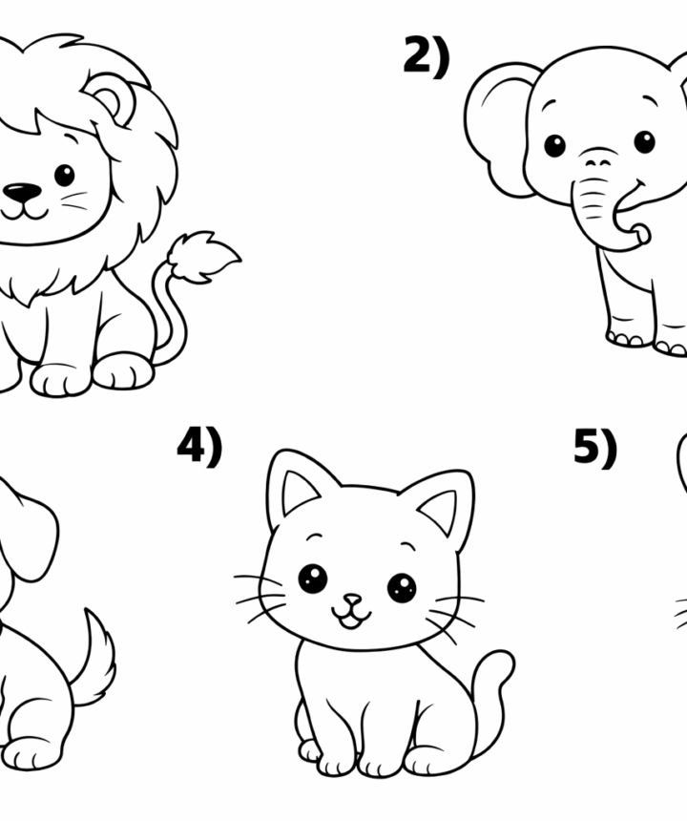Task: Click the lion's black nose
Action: point(22,193)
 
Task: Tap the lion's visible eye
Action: point(64,175)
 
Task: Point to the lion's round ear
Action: point(109,99)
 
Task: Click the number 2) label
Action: point(427,55)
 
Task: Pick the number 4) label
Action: point(199,446)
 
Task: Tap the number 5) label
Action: point(595,448)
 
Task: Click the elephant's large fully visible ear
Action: point(500,129)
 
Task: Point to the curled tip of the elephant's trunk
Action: point(639,232)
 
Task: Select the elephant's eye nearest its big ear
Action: point(554,145)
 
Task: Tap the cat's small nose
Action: point(352,599)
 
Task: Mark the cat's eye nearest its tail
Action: point(402,587)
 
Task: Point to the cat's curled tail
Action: point(491,696)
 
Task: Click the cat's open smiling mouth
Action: point(351,618)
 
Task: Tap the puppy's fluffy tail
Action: point(94,657)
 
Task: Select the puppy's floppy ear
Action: point(29,529)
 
